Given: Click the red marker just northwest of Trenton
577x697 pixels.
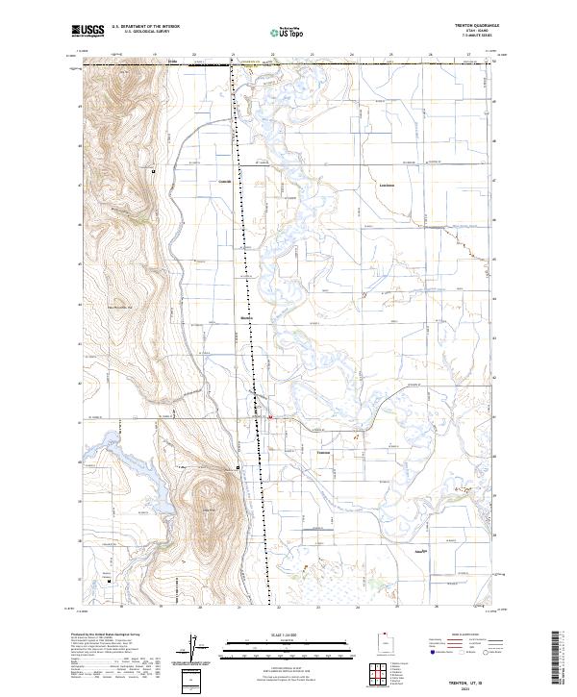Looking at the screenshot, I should [x=270, y=417].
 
